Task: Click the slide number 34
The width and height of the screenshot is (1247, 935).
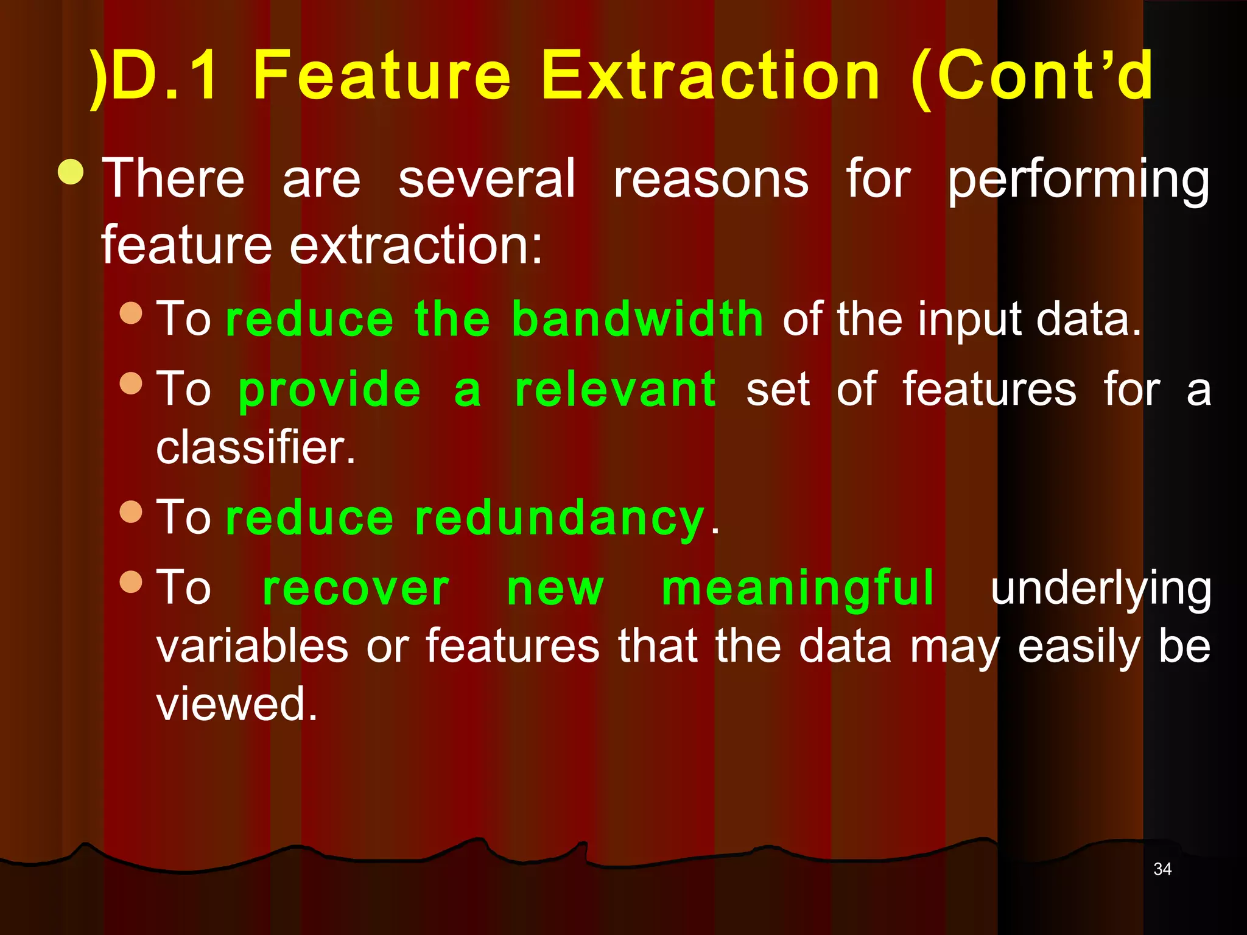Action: (1162, 869)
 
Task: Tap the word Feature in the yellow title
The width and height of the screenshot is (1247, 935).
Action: (382, 75)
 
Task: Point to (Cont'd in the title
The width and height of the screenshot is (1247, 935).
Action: (1031, 75)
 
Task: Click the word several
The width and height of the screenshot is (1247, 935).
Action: (487, 179)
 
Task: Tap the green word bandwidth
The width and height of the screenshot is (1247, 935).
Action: (637, 318)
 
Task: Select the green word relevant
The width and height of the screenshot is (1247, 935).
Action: (615, 390)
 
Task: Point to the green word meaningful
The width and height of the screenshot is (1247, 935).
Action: (798, 589)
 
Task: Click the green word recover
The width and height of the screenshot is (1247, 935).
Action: (356, 589)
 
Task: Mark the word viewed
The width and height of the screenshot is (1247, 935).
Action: (237, 704)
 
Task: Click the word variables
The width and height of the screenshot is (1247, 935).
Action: (252, 646)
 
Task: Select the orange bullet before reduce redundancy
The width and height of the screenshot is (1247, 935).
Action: (131, 511)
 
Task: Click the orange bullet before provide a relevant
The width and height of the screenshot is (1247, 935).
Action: (131, 383)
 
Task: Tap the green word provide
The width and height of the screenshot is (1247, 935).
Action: (329, 390)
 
